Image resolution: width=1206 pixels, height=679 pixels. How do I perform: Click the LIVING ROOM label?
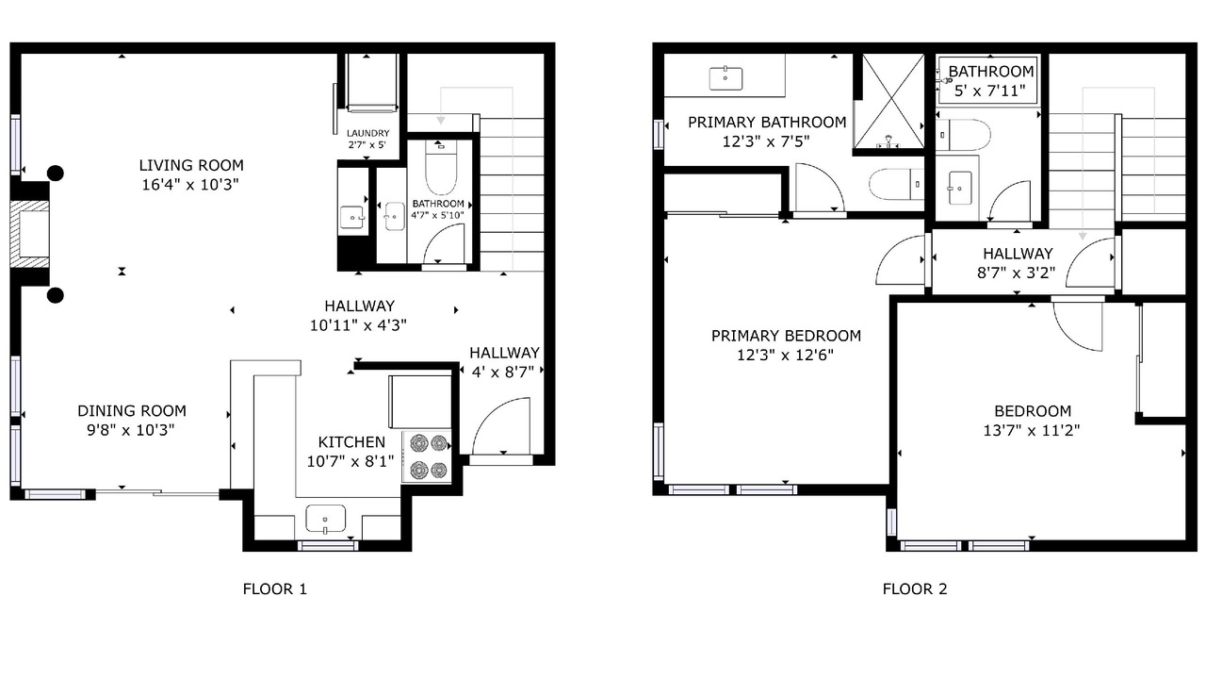[191, 165]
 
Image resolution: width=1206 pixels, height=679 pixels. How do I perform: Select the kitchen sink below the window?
[326, 519]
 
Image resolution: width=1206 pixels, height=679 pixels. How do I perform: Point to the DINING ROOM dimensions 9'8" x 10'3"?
[131, 430]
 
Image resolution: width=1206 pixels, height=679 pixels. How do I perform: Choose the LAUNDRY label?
[367, 133]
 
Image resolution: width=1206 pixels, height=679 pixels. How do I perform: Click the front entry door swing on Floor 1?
[500, 426]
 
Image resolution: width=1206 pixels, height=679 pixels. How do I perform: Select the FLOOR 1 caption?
[274, 589]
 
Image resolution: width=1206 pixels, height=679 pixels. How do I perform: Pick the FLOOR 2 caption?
[915, 589]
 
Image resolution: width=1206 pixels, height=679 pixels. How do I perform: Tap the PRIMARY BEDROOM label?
[786, 336]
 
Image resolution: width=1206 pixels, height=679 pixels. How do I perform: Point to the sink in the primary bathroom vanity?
[725, 78]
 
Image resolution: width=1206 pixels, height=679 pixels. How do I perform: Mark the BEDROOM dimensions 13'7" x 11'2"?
[1032, 431]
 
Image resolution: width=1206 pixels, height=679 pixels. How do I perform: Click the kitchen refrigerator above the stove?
[420, 402]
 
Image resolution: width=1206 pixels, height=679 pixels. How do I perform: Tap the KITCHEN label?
[351, 442]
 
